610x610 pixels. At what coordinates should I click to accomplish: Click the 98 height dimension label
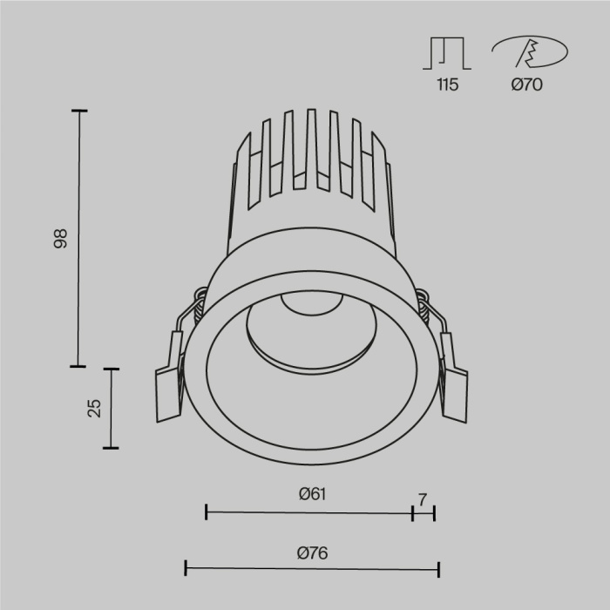(x=60, y=239)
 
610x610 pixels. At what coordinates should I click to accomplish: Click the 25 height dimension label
(x=95, y=408)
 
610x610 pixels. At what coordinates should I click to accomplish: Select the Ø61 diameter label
(x=312, y=494)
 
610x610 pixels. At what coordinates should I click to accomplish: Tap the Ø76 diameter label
(x=312, y=552)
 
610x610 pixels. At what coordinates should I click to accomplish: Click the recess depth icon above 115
(x=447, y=53)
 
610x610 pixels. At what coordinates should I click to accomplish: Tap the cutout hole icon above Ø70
(x=526, y=53)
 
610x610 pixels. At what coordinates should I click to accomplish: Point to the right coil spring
(x=424, y=305)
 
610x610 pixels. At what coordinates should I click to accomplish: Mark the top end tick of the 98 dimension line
(x=79, y=111)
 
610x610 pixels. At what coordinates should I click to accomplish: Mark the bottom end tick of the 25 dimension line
(x=111, y=448)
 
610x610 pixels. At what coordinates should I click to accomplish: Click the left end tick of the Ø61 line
(x=206, y=512)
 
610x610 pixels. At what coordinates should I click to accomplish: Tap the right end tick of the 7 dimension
(x=433, y=512)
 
